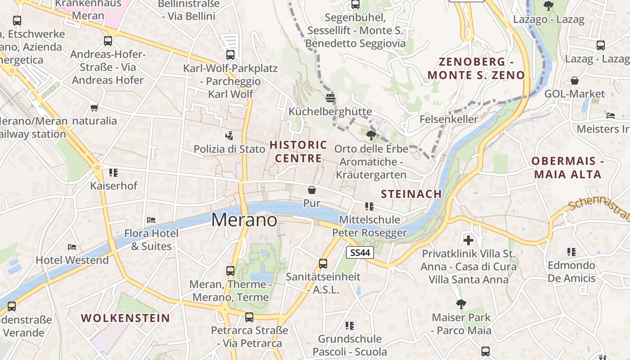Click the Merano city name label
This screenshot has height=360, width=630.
pos(244,220)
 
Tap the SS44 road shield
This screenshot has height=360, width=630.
pos(360,253)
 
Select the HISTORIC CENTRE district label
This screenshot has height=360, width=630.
pos(298,152)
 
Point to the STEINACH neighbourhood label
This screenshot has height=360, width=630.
pos(411,194)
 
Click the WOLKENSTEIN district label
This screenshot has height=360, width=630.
pos(126,318)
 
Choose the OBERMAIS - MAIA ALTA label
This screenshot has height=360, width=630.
pos(567,168)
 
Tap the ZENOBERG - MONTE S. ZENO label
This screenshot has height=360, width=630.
pos(476,68)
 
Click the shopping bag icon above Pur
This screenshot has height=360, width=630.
pos(311,190)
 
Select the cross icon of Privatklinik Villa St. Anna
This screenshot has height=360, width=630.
pos(468,240)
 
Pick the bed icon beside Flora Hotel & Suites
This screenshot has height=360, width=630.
pos(151,220)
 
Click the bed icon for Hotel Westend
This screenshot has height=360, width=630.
pos(72,247)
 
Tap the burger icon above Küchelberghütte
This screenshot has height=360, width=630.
pos(330,98)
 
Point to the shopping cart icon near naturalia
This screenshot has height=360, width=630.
pos(94,108)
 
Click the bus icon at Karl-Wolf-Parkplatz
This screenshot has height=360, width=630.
pos(230,55)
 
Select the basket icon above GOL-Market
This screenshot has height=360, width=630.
pos(575,81)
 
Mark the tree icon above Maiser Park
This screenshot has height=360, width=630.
pos(461,304)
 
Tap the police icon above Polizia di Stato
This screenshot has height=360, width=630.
pos(229,135)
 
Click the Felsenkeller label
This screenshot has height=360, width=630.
pos(449,119)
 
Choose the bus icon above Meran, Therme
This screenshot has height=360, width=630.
pos(230,271)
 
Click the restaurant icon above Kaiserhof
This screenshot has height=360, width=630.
pos(113,172)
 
